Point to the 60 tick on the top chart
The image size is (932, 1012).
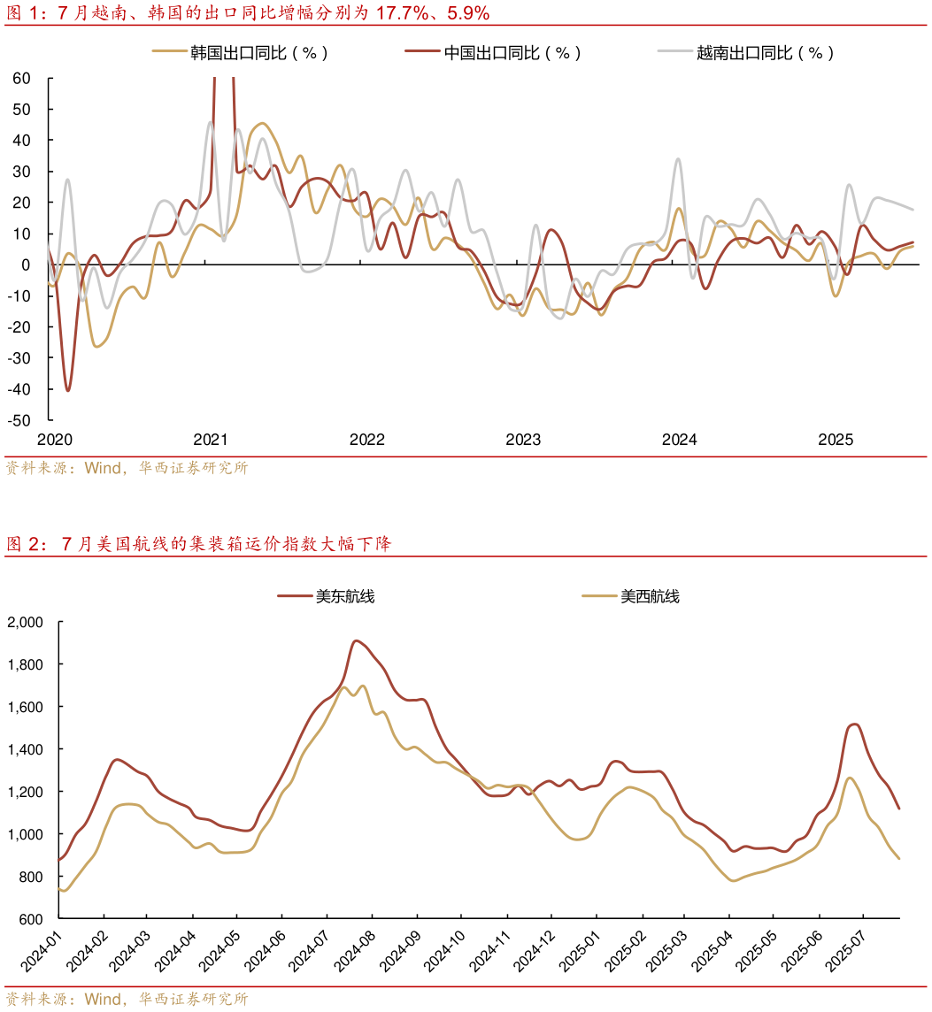21,78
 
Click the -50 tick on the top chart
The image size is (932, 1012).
18,420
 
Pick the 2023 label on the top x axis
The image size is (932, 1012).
523,440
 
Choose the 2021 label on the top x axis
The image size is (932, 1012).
211,440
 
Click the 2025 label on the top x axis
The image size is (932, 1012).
836,440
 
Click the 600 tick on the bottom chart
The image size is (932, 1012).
31,919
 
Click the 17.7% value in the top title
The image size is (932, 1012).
404,13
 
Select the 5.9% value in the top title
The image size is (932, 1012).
466,13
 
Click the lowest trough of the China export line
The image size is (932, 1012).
68,390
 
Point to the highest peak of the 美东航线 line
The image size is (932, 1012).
356,640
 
